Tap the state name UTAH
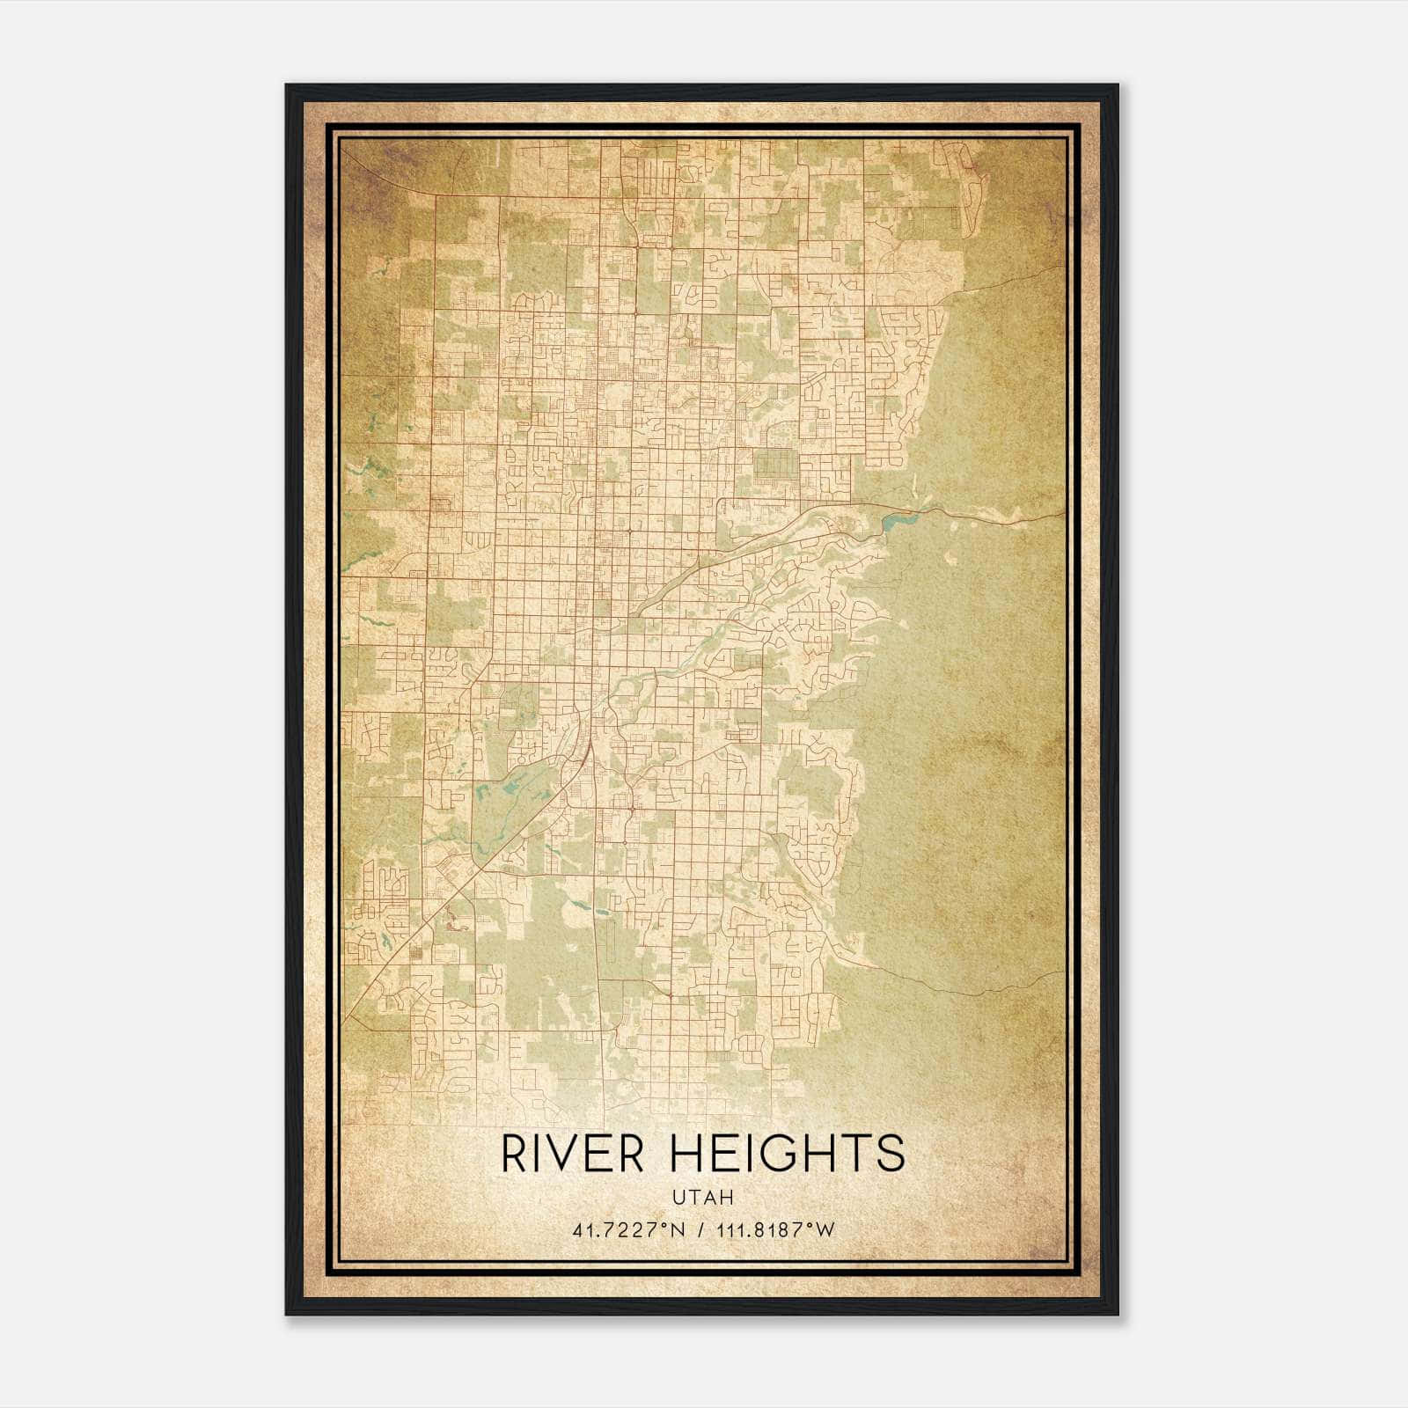tap(702, 1197)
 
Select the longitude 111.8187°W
tap(775, 1230)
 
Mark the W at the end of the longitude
tap(825, 1230)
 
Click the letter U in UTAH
tap(678, 1197)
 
